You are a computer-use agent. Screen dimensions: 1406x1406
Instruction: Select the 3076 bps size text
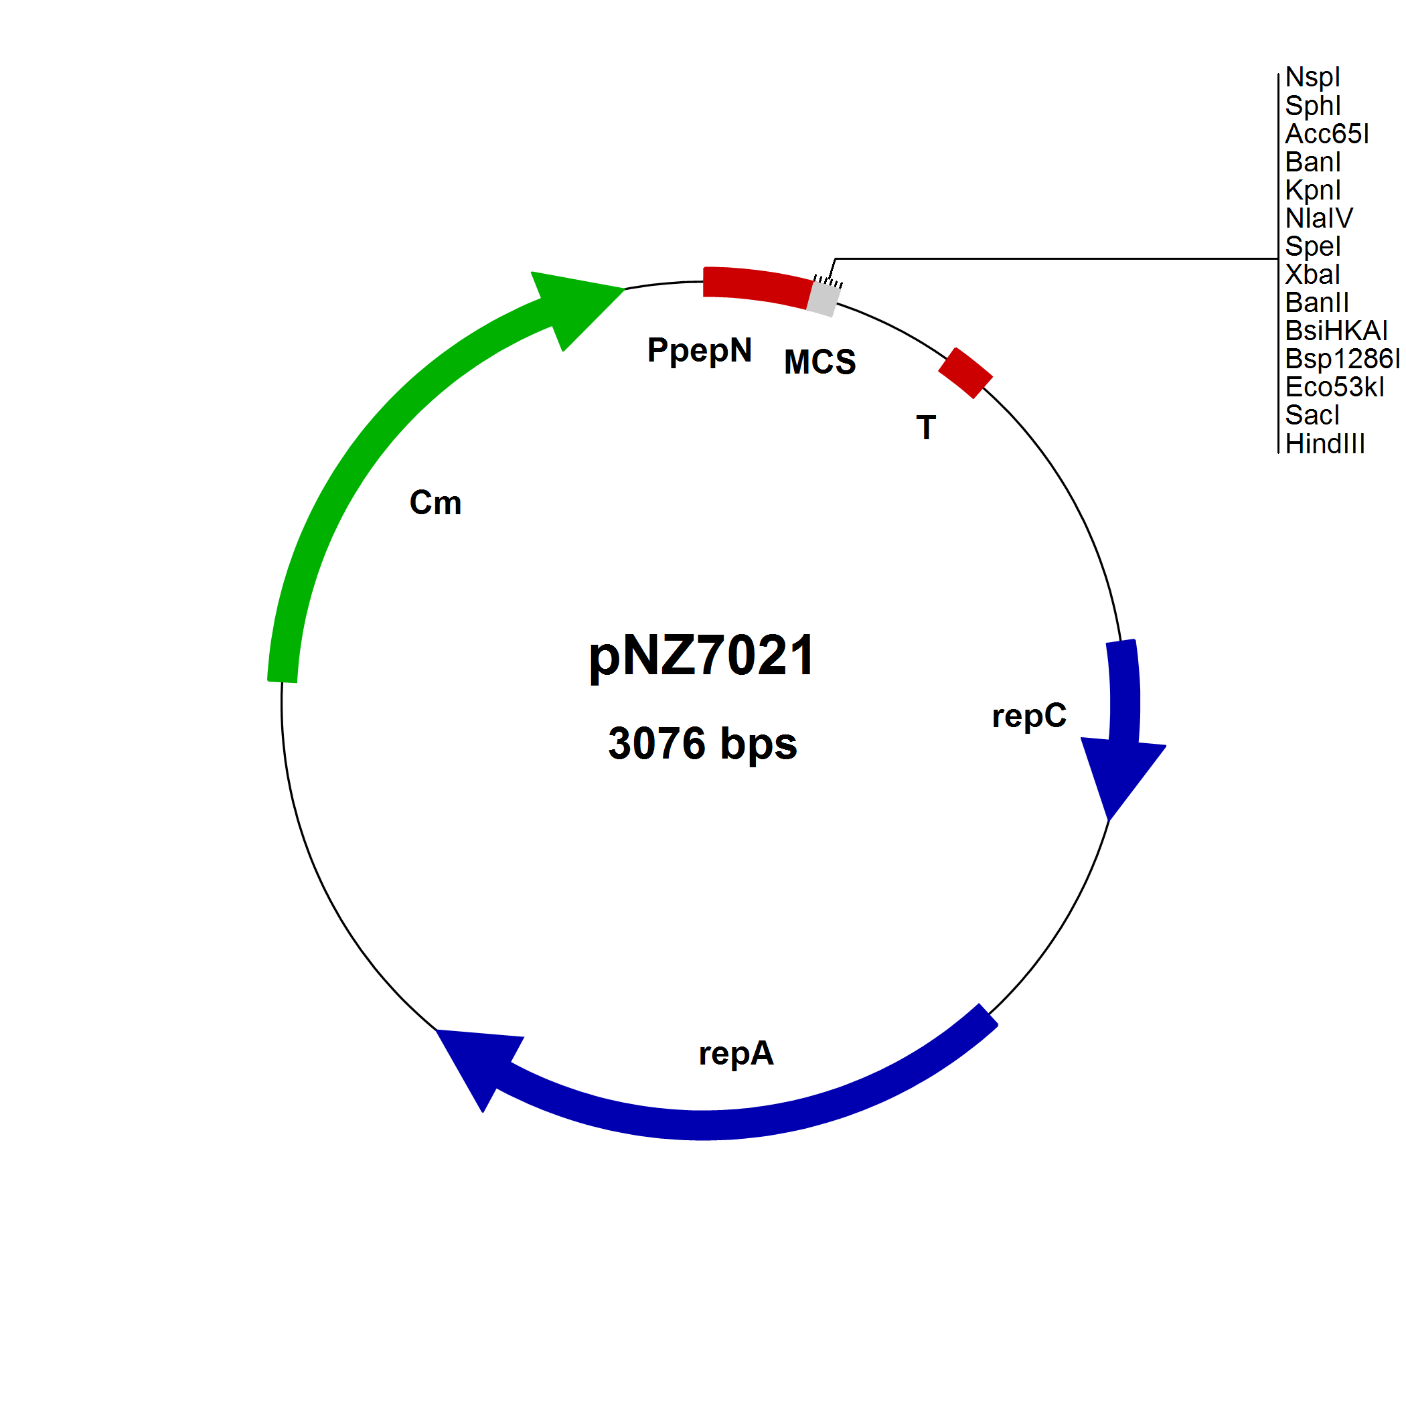coord(702,744)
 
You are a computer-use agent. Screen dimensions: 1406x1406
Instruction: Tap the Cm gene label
coord(435,503)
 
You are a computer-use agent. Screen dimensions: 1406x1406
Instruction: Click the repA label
coord(736,1054)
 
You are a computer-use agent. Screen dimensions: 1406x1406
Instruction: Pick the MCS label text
coord(819,362)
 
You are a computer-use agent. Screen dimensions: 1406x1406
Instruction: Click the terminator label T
coord(926,428)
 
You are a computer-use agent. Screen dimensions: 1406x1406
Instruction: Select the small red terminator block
coord(965,374)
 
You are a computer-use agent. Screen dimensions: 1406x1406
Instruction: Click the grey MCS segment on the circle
coord(823,299)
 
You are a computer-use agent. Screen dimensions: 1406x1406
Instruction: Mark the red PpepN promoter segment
coord(757,286)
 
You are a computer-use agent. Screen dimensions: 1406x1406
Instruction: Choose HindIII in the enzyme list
coord(1324,444)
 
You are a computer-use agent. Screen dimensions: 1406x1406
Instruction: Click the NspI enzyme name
coord(1312,77)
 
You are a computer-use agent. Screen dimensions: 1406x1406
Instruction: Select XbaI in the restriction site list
coord(1312,275)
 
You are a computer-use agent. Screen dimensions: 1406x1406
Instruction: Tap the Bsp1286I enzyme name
coord(1341,359)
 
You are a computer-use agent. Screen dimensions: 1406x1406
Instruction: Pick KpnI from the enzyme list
coord(1312,190)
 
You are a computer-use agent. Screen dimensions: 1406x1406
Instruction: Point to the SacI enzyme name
coord(1312,416)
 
